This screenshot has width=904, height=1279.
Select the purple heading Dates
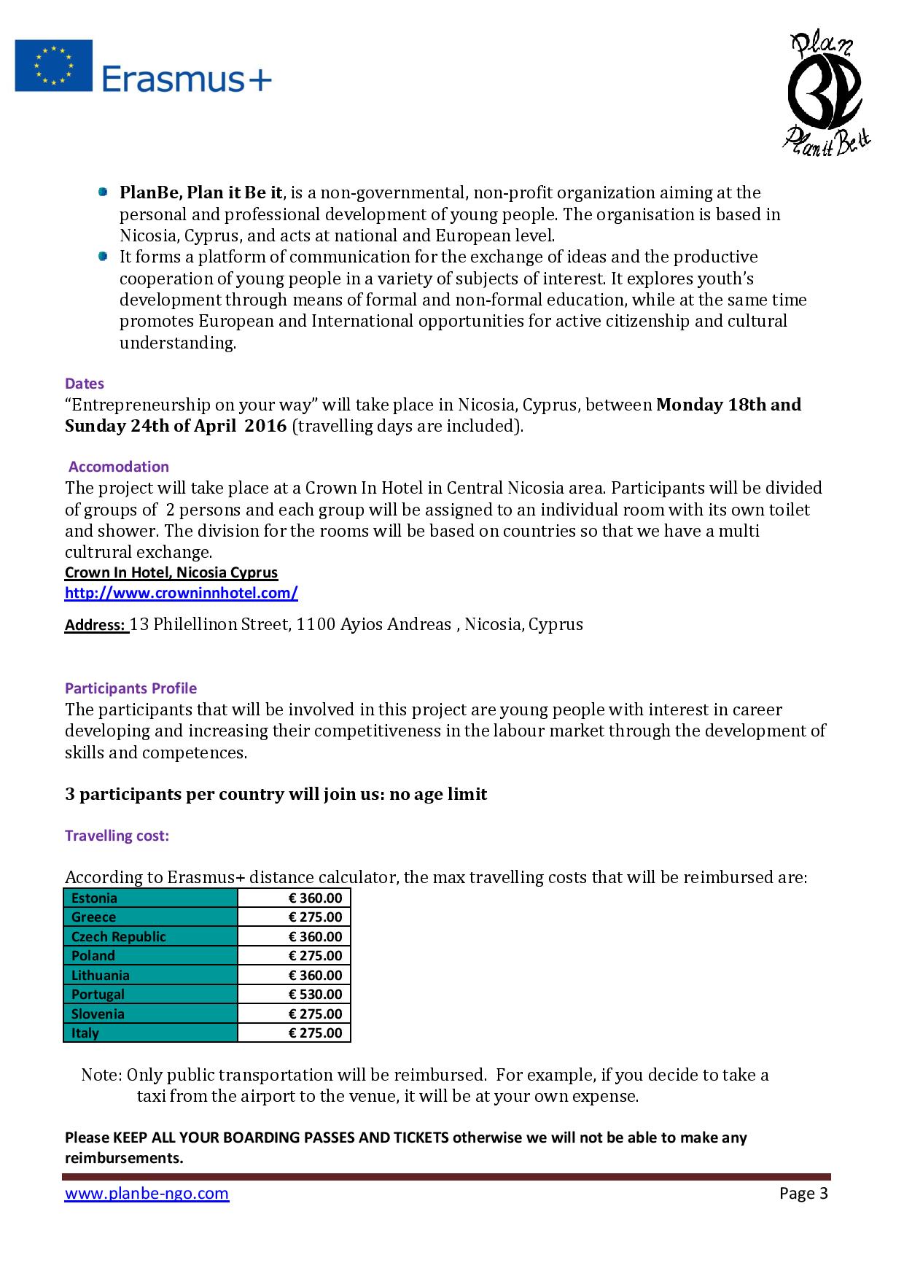(85, 384)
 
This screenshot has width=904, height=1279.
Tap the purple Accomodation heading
(119, 467)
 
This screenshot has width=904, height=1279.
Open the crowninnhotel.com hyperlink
(181, 593)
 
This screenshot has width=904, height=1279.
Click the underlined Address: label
(96, 625)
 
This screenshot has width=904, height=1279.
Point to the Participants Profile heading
(130, 688)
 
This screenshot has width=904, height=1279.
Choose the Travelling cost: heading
(117, 836)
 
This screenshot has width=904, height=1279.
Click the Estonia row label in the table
(94, 898)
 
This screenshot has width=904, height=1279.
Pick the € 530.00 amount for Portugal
(315, 995)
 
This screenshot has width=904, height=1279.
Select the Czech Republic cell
(119, 937)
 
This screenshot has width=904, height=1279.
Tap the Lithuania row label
(101, 976)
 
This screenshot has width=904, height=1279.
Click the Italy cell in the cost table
(85, 1033)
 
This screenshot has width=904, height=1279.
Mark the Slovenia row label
(98, 1014)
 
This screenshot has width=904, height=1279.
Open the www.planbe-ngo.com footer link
(147, 1194)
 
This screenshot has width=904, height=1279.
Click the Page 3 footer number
(803, 1194)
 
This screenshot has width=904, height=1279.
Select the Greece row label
(93, 917)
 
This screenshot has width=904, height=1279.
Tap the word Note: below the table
(101, 1075)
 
